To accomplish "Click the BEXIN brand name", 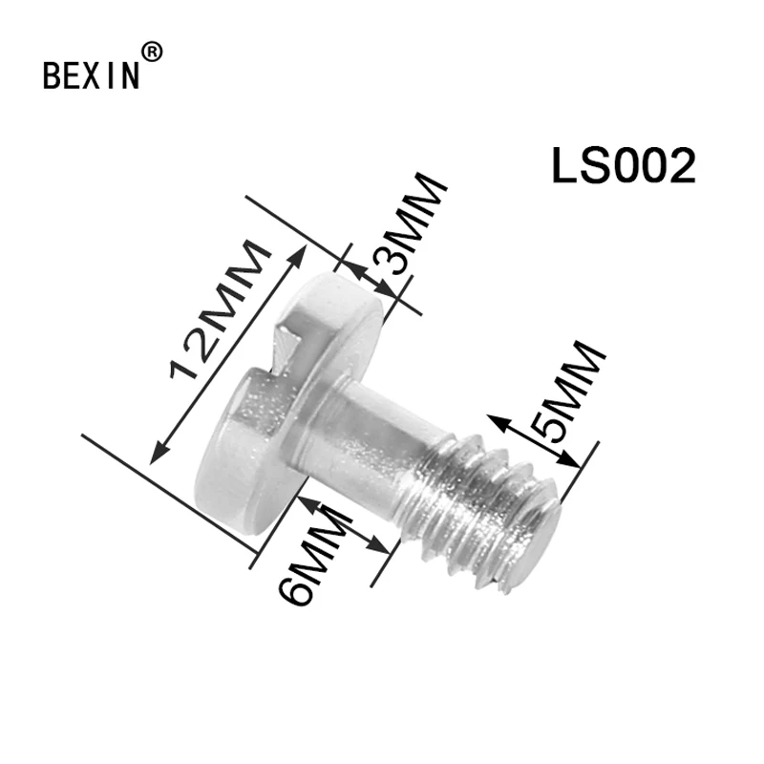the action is [92, 75].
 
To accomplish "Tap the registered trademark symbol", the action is [152, 53].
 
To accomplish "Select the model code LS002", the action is [624, 166].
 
